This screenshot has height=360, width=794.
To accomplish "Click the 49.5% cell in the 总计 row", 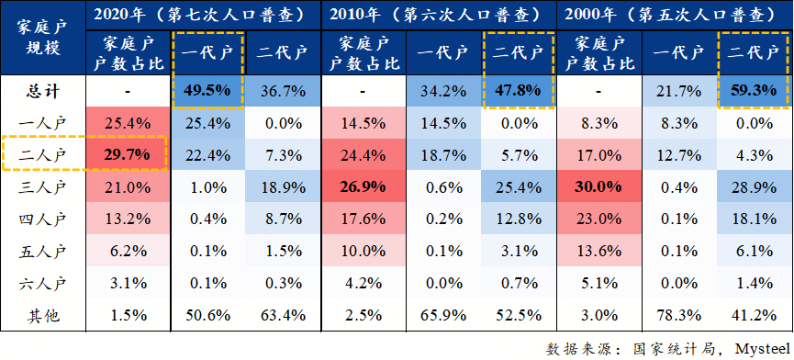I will click(x=207, y=92).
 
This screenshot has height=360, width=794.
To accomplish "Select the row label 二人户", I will click(x=41, y=153).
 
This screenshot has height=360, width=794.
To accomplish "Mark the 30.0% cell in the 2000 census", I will click(x=598, y=188).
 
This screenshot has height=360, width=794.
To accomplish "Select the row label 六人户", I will click(x=41, y=283).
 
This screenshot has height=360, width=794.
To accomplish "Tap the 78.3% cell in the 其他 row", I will click(x=676, y=316).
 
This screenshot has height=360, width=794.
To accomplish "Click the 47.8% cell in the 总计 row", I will click(x=520, y=92).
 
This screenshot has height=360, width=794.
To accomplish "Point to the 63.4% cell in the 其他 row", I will click(x=282, y=316).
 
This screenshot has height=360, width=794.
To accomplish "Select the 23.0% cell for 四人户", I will click(x=598, y=219).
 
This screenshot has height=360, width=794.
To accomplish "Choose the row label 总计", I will click(x=41, y=92).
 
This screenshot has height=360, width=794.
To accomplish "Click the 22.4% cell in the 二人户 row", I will click(x=207, y=153).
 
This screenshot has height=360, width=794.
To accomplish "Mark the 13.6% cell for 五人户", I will click(x=598, y=251).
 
